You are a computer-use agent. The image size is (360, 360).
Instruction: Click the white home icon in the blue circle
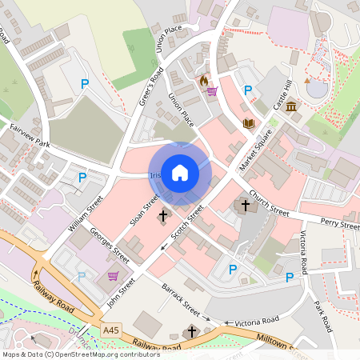pos(180,172)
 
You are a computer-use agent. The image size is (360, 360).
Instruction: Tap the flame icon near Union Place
pos(204,81)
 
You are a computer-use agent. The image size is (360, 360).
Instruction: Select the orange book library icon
pos(248,122)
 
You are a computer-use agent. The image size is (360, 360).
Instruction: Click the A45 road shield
pos(111,330)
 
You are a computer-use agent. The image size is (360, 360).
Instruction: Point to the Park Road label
pos(322,318)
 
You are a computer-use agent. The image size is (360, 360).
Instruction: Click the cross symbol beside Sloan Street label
pos(163,216)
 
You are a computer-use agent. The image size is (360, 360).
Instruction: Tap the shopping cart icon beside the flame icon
pos(212,90)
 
